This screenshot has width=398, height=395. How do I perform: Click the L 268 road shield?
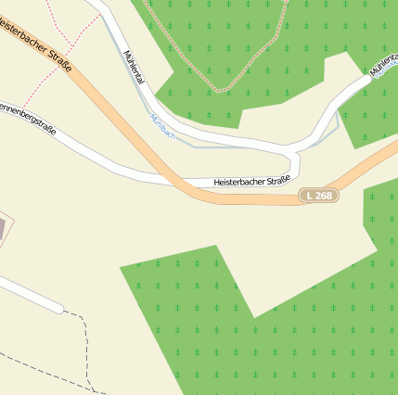319,196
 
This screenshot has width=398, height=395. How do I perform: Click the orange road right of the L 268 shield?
366,172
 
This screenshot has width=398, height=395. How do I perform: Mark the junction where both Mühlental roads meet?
295,148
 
